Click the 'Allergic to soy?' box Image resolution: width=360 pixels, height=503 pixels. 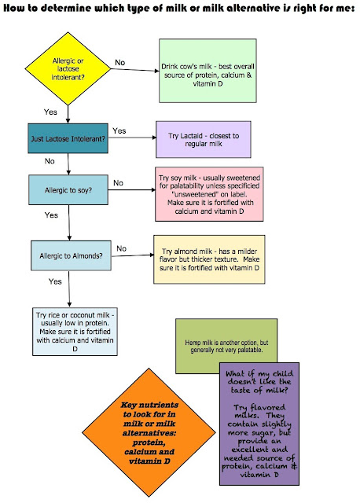67,191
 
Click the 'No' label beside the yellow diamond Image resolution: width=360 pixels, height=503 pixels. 120,61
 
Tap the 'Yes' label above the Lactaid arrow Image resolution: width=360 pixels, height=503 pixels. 119,130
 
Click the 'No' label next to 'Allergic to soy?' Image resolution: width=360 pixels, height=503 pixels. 118,182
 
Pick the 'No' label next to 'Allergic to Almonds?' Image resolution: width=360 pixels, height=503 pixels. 121,248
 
